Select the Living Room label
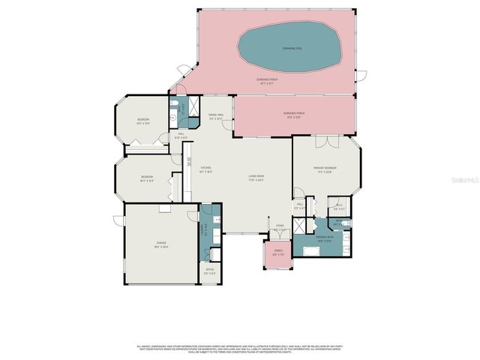click(x=257, y=178)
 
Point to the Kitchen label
click(x=205, y=170)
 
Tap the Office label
click(x=210, y=271)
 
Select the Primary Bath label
click(x=324, y=239)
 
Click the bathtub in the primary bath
click(x=308, y=248)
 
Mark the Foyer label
click(x=280, y=227)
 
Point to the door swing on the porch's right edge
click(x=361, y=75)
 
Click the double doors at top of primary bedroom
click(x=322, y=142)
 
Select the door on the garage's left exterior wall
click(x=117, y=220)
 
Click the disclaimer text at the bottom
click(x=239, y=348)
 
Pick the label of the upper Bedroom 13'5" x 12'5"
click(x=144, y=121)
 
